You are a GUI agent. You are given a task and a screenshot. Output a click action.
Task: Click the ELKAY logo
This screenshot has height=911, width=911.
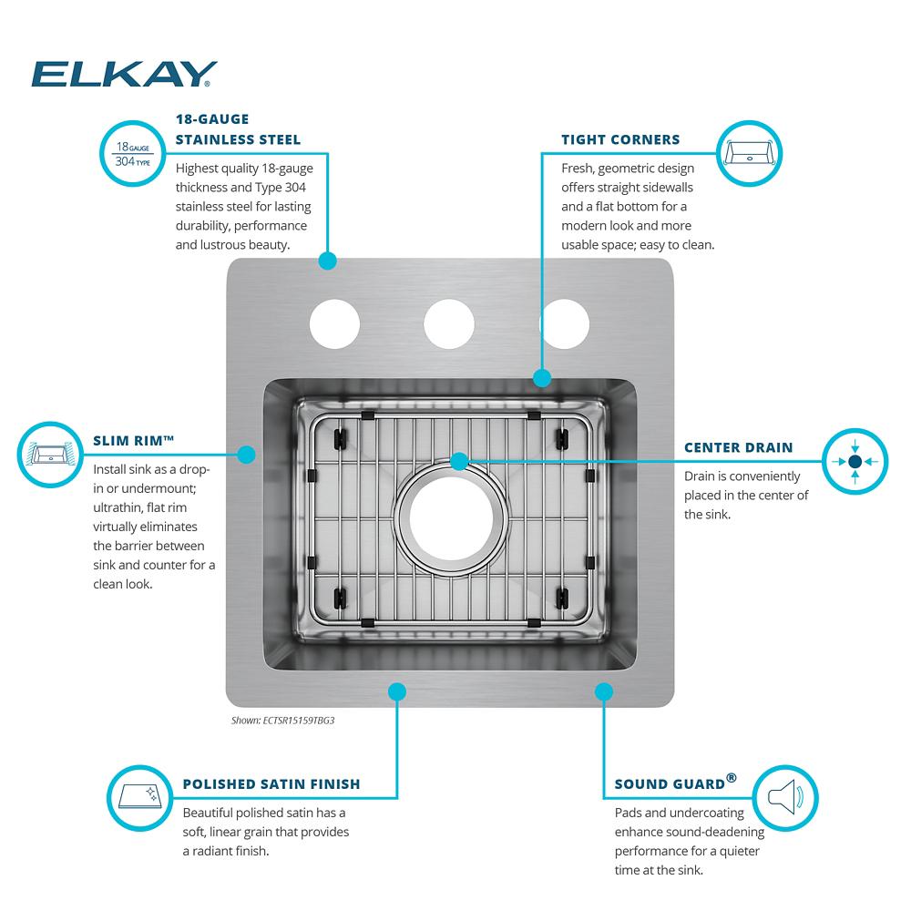pyautogui.click(x=124, y=74)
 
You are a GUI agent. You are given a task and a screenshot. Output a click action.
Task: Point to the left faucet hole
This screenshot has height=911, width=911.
pyautogui.click(x=334, y=323)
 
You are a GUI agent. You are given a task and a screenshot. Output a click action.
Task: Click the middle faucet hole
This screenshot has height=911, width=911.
pyautogui.click(x=448, y=323)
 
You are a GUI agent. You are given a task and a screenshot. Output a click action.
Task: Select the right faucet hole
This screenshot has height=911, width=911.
pyautogui.click(x=565, y=323)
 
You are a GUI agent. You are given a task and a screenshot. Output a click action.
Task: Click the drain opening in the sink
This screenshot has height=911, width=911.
pyautogui.click(x=451, y=518)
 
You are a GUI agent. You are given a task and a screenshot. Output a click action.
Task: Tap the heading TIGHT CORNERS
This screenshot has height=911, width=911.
pyautogui.click(x=620, y=139)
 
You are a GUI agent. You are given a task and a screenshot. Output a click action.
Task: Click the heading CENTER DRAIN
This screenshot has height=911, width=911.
pyautogui.click(x=739, y=447)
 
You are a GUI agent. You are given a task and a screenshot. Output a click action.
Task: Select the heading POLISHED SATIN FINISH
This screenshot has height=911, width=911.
pyautogui.click(x=271, y=784)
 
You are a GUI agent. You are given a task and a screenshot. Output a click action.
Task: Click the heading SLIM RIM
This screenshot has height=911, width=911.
pyautogui.click(x=133, y=440)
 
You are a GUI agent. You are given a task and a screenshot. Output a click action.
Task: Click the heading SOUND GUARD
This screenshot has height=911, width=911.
pyautogui.click(x=676, y=783)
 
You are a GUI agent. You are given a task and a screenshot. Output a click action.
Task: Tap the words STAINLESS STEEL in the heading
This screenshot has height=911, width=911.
pyautogui.click(x=238, y=139)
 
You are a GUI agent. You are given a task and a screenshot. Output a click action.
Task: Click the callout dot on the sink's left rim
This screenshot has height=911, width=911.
pyautogui.click(x=246, y=455)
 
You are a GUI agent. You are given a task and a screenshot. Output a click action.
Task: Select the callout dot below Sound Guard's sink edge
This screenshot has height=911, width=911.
pyautogui.click(x=604, y=691)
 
